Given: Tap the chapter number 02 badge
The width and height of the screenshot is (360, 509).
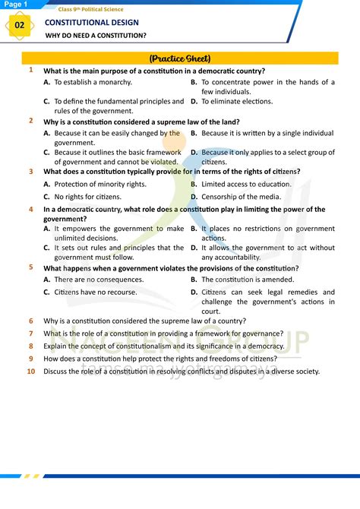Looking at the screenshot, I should [x=19, y=25].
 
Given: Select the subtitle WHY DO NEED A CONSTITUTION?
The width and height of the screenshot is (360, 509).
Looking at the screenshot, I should [x=96, y=36].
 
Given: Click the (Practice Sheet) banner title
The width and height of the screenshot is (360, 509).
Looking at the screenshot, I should [x=179, y=58].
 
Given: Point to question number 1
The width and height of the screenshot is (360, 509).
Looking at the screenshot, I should [x=30, y=70].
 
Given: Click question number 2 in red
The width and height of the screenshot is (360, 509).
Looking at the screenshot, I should [x=30, y=120].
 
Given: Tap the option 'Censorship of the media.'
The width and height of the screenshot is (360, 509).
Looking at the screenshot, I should [x=241, y=197].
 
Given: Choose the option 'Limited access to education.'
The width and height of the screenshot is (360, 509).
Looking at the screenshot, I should [x=246, y=184].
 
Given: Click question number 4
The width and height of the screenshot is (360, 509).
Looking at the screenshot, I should [x=30, y=209].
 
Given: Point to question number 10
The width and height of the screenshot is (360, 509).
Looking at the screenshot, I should [x=30, y=371].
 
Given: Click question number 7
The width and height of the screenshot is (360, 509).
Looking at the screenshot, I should [x=30, y=333].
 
